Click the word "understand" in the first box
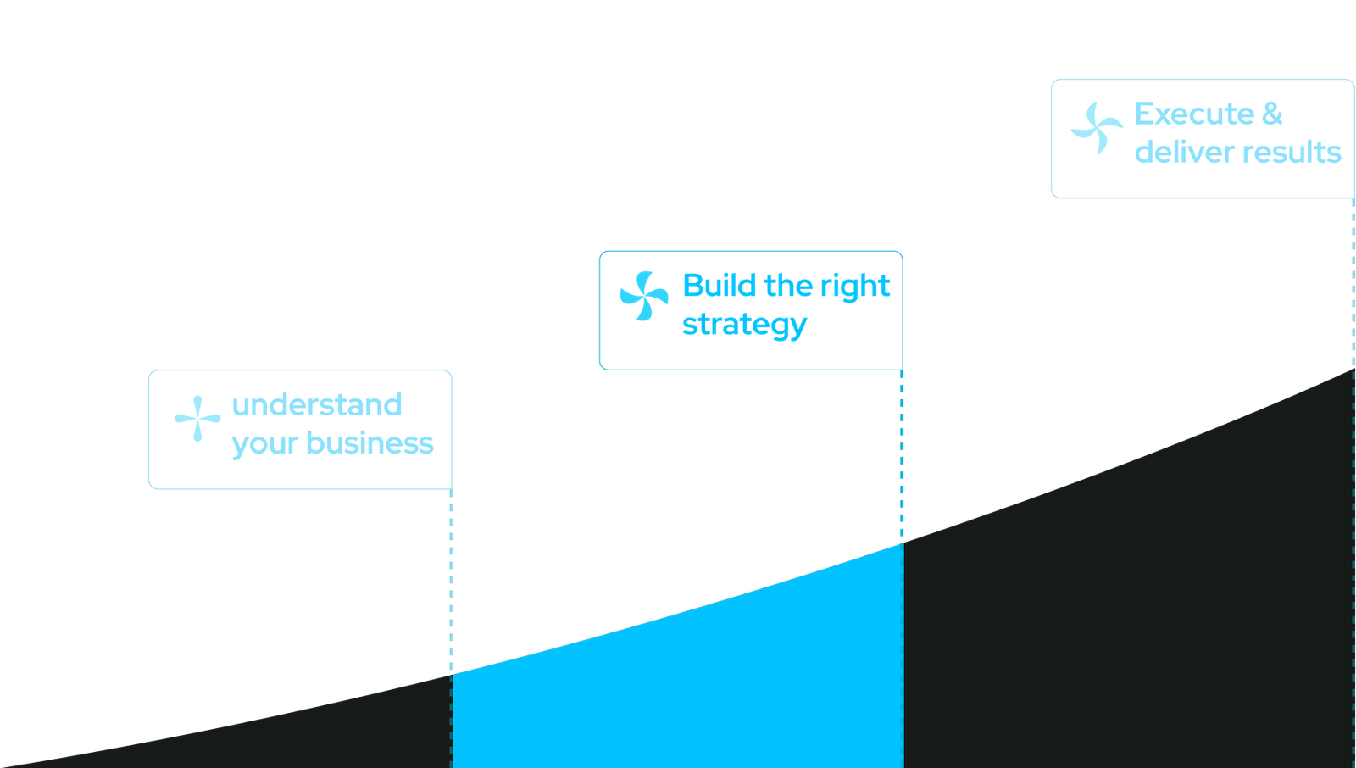316,405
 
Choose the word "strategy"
744,325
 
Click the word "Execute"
1194,114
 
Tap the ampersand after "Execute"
1272,114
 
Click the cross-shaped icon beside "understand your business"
197,418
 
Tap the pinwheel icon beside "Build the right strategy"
643,296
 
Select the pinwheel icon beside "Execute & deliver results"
1097,129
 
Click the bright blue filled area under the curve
678,687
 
